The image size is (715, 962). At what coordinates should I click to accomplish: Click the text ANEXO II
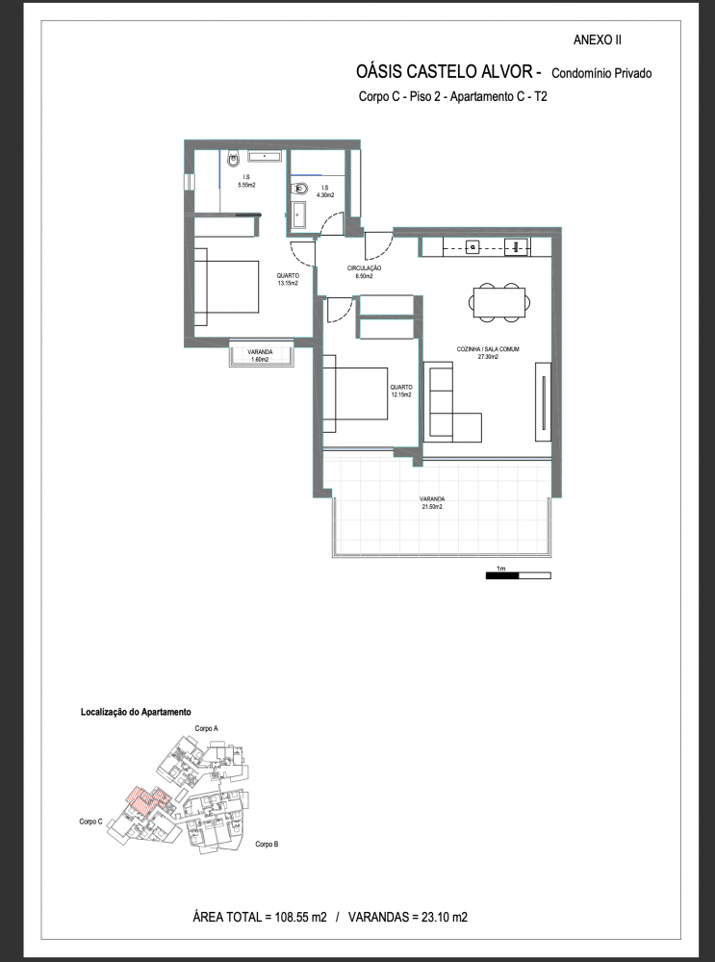pos(597,40)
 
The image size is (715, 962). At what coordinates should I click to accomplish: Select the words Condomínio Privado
pos(601,74)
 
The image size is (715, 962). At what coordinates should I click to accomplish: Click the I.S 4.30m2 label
pos(324,191)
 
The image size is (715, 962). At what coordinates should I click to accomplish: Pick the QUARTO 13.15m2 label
pos(287,280)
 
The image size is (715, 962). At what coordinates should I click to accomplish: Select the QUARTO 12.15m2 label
pos(400,391)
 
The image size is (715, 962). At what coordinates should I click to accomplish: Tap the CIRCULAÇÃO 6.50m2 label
pos(364,272)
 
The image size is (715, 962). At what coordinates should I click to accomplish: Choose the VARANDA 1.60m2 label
pos(260,355)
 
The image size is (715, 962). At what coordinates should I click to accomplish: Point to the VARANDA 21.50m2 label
pos(432,503)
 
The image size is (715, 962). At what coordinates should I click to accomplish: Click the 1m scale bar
pos(518,575)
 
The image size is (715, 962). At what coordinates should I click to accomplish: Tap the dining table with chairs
pos(498,302)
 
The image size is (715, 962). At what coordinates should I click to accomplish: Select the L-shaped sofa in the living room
pos(452,402)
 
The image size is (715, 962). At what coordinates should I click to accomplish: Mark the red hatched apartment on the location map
pos(146,800)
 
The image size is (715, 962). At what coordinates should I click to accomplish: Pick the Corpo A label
pos(207,728)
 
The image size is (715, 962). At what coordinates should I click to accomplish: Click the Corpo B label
pos(267,845)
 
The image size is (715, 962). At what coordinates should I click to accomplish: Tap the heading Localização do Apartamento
pos(136,712)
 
